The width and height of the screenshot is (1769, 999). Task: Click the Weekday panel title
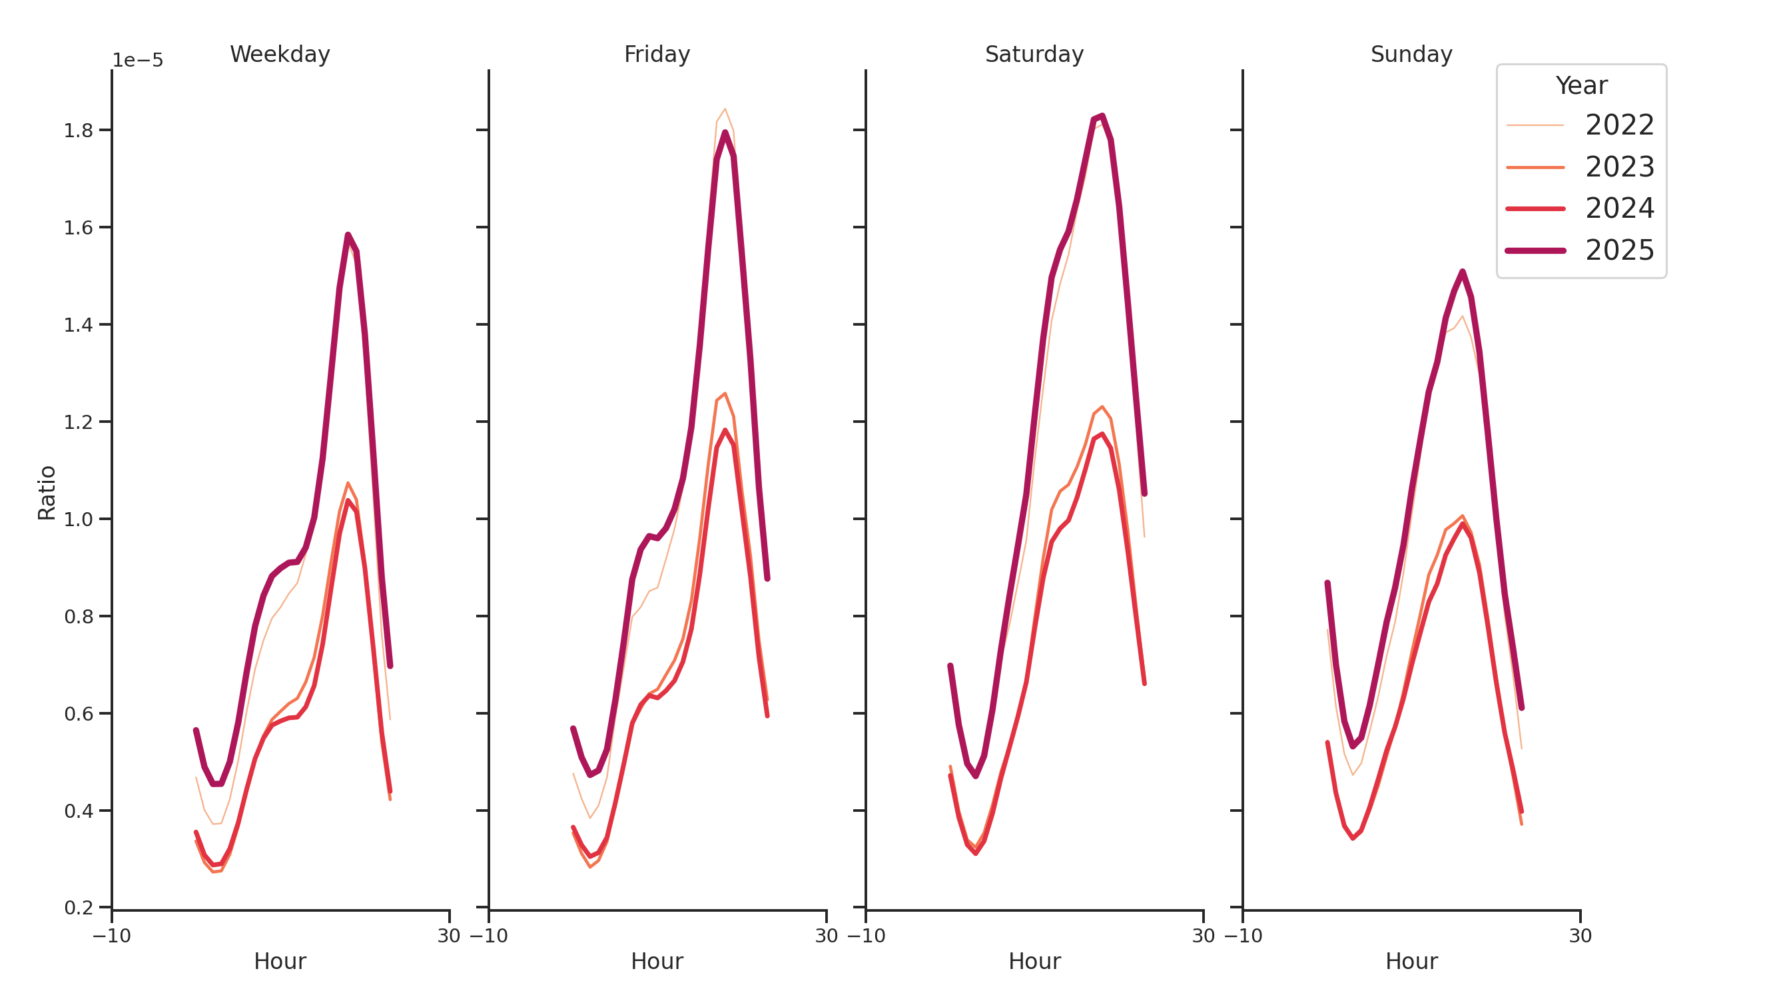(280, 54)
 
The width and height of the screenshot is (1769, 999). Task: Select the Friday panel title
(657, 54)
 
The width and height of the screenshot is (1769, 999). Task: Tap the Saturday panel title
(1034, 54)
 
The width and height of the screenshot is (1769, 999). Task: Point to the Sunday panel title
(1411, 54)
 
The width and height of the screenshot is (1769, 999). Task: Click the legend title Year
(1581, 86)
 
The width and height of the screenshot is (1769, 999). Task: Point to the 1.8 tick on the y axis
(79, 131)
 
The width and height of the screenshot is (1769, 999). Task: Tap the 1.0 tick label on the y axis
(79, 519)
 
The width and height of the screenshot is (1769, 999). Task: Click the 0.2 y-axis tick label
(79, 908)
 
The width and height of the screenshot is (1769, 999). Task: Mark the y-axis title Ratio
(47, 492)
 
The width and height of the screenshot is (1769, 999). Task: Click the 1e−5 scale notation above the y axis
(137, 61)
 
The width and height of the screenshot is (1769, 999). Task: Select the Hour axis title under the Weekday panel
(280, 961)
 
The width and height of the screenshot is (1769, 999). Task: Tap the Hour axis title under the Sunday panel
(1411, 961)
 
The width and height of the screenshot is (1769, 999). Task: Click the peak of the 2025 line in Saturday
(1102, 116)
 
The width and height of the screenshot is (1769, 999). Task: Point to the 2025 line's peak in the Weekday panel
(348, 235)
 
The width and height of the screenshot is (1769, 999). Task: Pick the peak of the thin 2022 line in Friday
(725, 109)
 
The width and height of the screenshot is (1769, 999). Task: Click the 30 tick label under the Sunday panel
(1579, 936)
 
